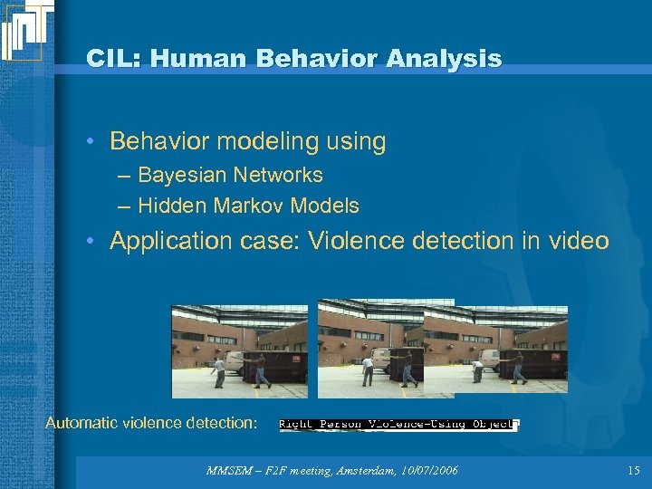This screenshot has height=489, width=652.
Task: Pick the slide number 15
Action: (632, 470)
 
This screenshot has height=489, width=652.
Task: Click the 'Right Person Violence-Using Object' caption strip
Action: (398, 424)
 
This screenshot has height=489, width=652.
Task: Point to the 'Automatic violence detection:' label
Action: (151, 423)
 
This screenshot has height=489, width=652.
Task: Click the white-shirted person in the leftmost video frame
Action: (217, 371)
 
